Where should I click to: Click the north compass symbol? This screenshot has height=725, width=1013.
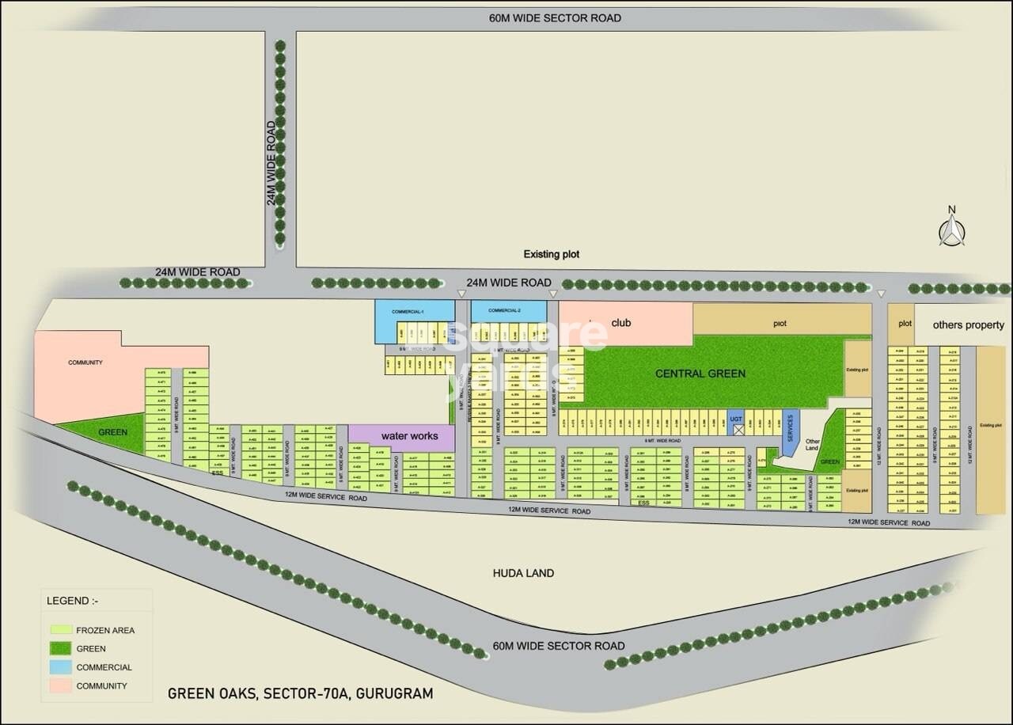(x=952, y=230)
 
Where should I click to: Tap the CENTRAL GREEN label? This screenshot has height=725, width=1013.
(x=700, y=374)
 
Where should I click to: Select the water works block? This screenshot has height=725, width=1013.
(x=409, y=436)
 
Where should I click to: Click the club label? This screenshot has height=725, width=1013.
(x=620, y=322)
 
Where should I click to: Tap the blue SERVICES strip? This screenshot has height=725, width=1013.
(x=789, y=427)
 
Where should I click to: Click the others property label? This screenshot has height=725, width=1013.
(x=968, y=325)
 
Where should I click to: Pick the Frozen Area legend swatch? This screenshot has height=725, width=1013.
(x=61, y=630)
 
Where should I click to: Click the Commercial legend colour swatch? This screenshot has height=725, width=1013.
(x=61, y=667)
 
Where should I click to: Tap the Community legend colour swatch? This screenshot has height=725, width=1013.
(x=61, y=685)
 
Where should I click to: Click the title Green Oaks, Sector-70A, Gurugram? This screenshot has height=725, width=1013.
(x=301, y=694)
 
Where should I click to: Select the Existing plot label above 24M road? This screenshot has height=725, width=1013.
(x=552, y=254)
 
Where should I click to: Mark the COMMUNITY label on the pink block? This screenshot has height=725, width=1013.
(x=85, y=362)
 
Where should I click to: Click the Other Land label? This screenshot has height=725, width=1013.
(x=812, y=444)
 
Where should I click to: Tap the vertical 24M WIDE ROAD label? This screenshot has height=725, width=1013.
(x=272, y=163)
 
